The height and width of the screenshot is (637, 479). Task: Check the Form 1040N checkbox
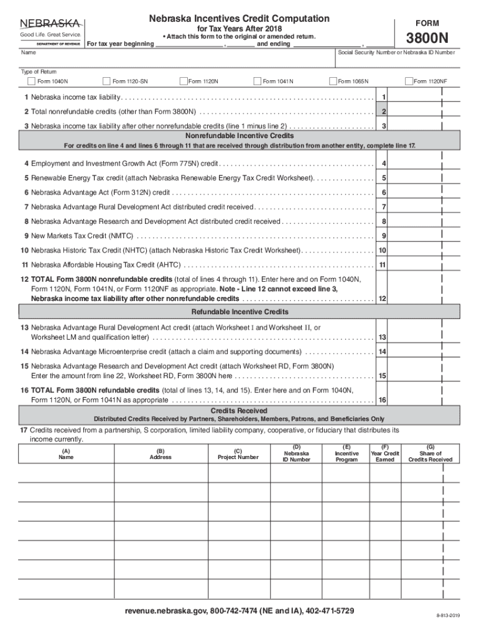31,81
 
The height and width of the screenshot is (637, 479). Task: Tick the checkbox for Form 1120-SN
106,81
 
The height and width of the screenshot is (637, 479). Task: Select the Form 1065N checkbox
333,81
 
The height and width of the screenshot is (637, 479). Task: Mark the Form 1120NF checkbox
408,81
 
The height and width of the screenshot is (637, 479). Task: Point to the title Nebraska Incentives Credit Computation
239,19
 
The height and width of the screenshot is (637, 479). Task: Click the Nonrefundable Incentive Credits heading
240,136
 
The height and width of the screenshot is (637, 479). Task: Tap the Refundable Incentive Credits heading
240,312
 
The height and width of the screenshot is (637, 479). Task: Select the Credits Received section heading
240,411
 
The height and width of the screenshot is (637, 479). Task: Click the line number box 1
384,98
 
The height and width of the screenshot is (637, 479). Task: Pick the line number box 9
384,236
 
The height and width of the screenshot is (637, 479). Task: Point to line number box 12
383,299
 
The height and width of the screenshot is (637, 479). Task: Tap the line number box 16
383,400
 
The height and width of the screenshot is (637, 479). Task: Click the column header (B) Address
160,454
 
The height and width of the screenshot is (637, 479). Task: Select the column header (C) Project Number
238,454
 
